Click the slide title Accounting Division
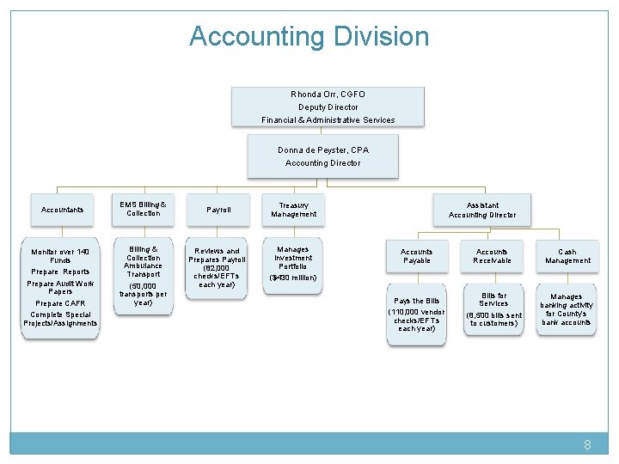click(309, 37)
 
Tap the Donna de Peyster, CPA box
click(323, 156)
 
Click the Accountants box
click(62, 210)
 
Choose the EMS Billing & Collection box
click(143, 209)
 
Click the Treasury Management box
click(294, 209)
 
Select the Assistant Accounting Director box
click(482, 210)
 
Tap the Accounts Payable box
click(417, 256)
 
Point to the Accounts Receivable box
click(493, 256)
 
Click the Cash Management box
click(567, 256)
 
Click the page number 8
click(587, 445)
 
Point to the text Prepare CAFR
click(60, 303)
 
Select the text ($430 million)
click(293, 278)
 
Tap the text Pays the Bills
click(416, 301)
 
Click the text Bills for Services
click(493, 299)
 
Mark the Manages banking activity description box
click(567, 309)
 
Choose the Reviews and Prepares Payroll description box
click(218, 267)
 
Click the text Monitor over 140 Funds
click(60, 255)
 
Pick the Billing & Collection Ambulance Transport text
click(143, 261)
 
